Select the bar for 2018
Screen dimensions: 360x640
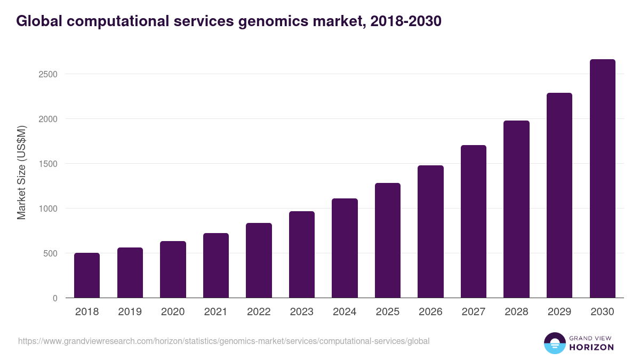point(87,275)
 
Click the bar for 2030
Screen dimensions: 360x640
point(602,179)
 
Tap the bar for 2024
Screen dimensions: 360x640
point(345,248)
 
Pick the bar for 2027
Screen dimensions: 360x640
point(474,221)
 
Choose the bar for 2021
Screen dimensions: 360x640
point(216,265)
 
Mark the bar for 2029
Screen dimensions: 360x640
point(559,195)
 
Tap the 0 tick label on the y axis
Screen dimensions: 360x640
point(54,298)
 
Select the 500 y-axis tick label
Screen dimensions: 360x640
point(50,253)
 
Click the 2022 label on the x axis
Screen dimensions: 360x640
point(259,312)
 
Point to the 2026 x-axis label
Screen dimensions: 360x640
point(430,312)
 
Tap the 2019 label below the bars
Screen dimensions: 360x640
point(130,312)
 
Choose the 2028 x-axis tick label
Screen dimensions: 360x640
point(516,312)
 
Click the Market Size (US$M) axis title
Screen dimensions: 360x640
point(21,172)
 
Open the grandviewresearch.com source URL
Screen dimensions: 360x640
point(223,341)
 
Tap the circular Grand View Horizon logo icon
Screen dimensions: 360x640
point(554,343)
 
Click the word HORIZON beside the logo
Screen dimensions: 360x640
point(591,347)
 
